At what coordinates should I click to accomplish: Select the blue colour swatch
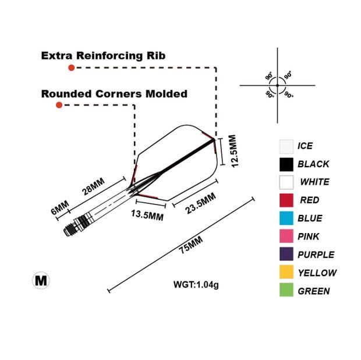pyautogui.click(x=286, y=218)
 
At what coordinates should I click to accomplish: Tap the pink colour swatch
pyautogui.click(x=286, y=237)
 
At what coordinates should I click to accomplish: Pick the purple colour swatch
pyautogui.click(x=286, y=255)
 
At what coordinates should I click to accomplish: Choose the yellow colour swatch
pyautogui.click(x=286, y=273)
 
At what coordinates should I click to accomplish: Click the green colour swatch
pyautogui.click(x=286, y=291)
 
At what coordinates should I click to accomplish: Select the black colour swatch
pyautogui.click(x=286, y=164)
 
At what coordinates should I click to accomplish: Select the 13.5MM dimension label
pyautogui.click(x=146, y=216)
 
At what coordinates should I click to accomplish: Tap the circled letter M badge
pyautogui.click(x=41, y=281)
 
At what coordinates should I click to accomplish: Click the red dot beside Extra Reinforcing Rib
pyautogui.click(x=71, y=68)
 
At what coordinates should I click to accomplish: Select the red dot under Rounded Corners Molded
pyautogui.click(x=59, y=105)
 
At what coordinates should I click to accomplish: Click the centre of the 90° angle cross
pyautogui.click(x=277, y=86)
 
